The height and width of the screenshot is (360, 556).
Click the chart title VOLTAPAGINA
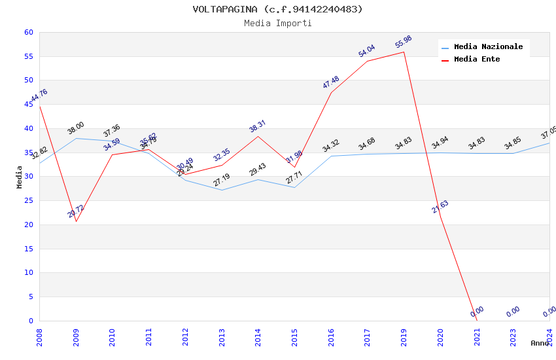[277, 9]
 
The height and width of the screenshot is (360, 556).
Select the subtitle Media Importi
[277, 24]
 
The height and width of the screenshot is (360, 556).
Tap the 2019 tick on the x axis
[404, 336]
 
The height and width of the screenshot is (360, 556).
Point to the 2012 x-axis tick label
[185, 336]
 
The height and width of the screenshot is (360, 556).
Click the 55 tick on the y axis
[28, 56]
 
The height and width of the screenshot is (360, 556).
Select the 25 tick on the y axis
[28, 201]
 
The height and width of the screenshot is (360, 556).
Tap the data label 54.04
[367, 51]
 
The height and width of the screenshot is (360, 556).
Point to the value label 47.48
[331, 82]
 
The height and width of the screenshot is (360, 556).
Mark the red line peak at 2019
[404, 52]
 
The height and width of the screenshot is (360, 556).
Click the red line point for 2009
[76, 221]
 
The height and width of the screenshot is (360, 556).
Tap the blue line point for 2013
[222, 190]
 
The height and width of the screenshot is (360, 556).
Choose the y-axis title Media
[20, 177]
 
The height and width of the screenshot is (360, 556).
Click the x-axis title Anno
[540, 343]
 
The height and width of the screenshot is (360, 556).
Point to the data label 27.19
[222, 180]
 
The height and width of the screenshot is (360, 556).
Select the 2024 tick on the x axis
[549, 336]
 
